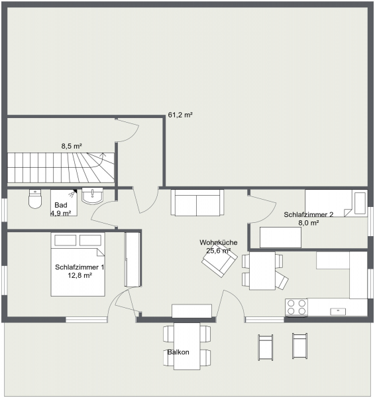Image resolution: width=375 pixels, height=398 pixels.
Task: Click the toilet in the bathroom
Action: click(35, 198)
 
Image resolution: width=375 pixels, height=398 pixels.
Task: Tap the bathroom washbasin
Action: click(93, 196)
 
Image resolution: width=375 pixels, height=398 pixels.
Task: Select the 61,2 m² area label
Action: click(180, 115)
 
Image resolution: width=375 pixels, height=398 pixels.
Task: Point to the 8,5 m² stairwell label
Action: click(72, 146)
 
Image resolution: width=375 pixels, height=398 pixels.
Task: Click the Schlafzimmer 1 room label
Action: click(80, 267)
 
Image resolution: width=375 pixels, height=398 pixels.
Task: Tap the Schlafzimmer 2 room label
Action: click(308, 214)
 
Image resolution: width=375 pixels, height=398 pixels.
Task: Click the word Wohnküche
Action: click(218, 242)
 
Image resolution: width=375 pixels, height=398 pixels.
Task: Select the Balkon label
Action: click(178, 352)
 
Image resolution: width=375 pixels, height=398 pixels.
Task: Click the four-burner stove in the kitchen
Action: click(296, 307)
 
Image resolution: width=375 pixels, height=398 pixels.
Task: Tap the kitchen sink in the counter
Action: click(338, 311)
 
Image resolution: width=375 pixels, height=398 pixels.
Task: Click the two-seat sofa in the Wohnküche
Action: click(197, 202)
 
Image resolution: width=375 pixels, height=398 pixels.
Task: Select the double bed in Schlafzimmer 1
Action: click(78, 264)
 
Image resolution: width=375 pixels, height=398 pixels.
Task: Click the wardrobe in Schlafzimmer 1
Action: click(133, 259)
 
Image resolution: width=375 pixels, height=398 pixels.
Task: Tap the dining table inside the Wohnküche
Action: click(262, 271)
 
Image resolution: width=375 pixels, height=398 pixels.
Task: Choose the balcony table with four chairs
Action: click(187, 346)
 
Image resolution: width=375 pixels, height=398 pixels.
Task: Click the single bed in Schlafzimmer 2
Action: click(336, 203)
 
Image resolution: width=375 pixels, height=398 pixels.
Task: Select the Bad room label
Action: click(61, 205)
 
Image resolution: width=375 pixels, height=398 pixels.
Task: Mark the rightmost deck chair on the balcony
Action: click(299, 346)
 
